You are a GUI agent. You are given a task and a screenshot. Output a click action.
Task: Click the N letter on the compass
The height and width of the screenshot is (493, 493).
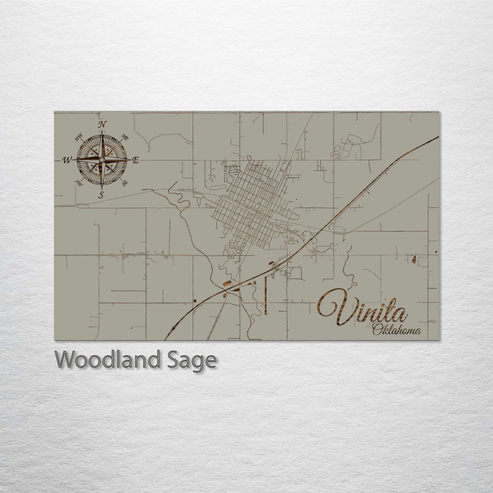pos(101,125)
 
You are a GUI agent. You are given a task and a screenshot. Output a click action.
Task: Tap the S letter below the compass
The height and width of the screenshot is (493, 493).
pos(101,195)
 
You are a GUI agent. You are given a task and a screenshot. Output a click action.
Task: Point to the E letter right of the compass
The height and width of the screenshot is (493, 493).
pos(135,160)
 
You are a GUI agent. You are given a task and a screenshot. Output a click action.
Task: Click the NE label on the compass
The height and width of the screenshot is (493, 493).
pos(125,138)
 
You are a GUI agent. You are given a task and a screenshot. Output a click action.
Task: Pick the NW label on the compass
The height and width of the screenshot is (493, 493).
pos(79,138)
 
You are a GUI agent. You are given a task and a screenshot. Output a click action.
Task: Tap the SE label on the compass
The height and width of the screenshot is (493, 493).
pos(125,182)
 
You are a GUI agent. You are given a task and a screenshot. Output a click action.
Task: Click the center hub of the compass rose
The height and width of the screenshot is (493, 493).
pos(101,160)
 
